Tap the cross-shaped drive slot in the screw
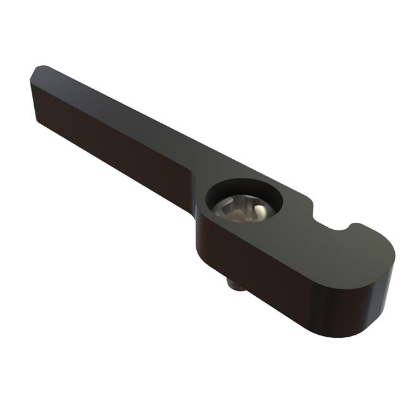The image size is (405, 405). [x=241, y=208]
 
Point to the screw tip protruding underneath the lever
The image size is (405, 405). [x=236, y=285]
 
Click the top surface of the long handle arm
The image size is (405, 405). [x=127, y=120]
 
